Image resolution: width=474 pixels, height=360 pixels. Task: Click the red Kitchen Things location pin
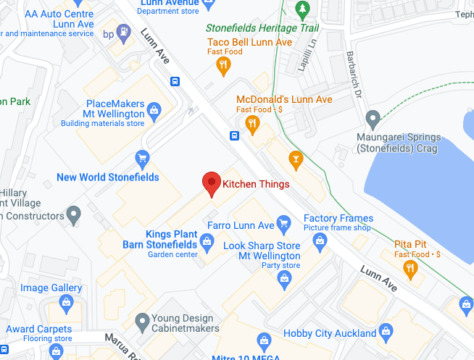pos(211,184)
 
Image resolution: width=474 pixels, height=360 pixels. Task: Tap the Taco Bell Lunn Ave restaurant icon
pos(224,67)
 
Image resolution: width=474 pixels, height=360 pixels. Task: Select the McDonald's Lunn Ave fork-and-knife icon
pos(252,123)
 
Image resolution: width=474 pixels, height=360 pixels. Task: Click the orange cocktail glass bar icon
pos(295,158)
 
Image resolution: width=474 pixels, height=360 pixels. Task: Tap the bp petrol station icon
pos(125,32)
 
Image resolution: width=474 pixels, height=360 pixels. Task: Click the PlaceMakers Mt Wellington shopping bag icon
pos(153,110)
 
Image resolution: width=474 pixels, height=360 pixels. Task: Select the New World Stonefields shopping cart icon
pos(143,157)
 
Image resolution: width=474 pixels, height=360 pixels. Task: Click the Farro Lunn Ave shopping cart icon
pos(284,222)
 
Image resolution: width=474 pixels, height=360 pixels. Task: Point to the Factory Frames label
pos(338,218)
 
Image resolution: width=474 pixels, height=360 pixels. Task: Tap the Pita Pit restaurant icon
pos(411,269)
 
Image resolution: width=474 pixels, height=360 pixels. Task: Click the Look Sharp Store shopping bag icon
pos(284,280)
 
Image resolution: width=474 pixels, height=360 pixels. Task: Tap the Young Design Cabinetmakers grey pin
pos(143,319)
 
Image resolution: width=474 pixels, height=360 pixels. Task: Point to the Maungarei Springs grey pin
pos(373,117)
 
